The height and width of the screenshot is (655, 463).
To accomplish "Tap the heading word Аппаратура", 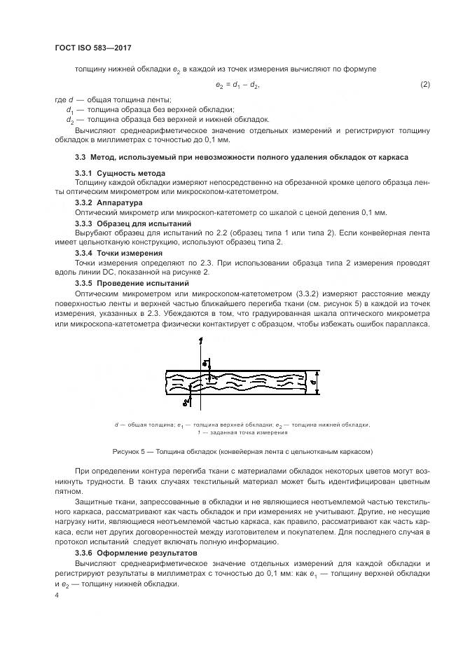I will point(120,202).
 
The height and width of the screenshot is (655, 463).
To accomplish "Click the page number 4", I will point(57,593).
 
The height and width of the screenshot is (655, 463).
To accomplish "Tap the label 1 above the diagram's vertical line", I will point(200,341).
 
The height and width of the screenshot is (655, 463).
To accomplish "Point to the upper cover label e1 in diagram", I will point(205,363).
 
